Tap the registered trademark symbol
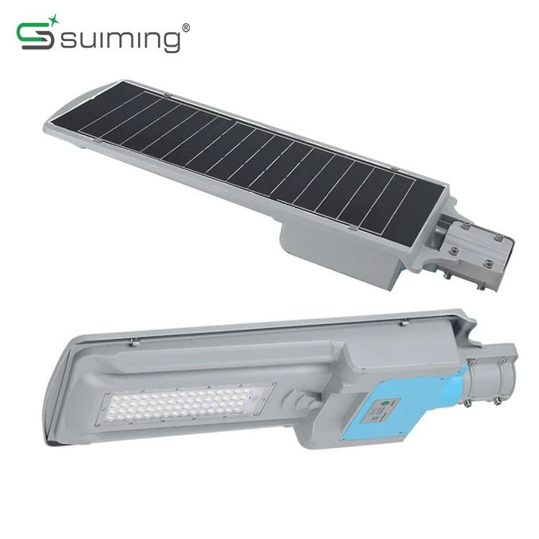point(185,27)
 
